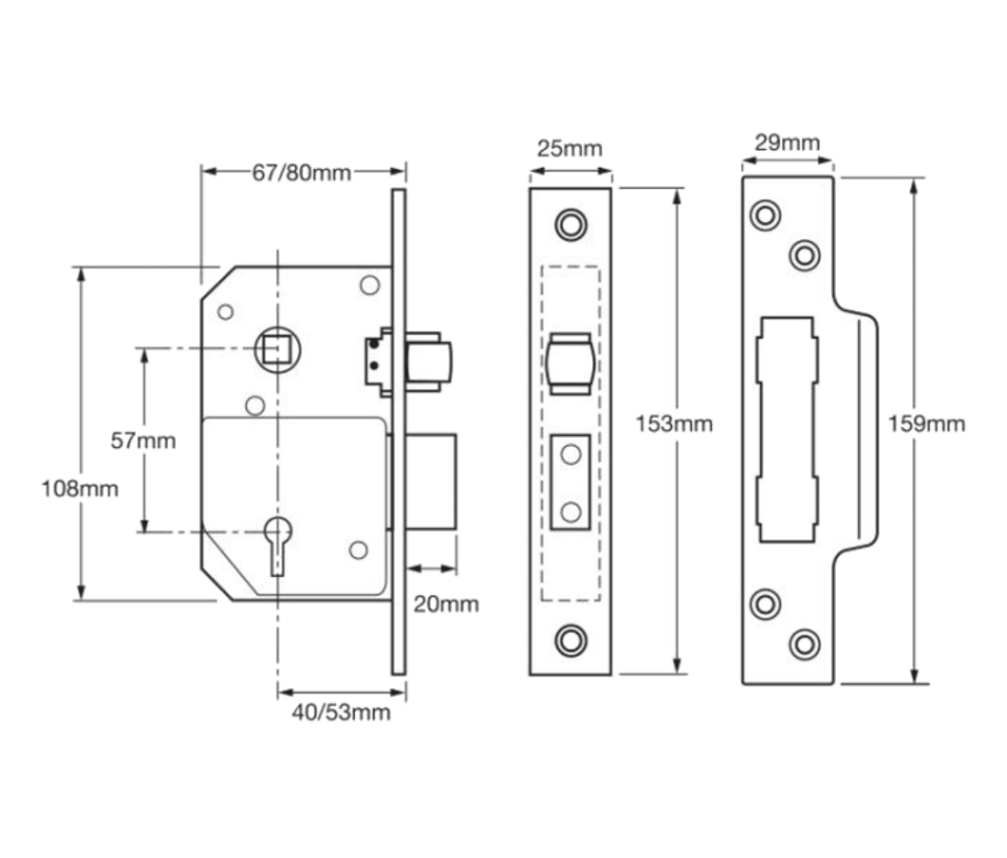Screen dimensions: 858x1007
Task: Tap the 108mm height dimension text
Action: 80,489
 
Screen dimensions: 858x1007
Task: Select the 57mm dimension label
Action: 143,441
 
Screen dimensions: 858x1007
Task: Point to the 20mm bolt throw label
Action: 446,604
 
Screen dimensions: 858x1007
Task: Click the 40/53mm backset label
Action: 341,712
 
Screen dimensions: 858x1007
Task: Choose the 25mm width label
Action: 570,147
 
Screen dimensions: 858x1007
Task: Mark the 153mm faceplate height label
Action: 674,424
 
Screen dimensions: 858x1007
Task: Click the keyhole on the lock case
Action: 277,543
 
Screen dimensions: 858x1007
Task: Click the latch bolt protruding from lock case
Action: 427,362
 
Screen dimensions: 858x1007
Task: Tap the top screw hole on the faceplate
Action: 570,224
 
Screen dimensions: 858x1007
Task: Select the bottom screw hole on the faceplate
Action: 570,639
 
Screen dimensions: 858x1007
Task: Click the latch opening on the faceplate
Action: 570,364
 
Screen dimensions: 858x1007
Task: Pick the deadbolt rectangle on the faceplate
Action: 570,483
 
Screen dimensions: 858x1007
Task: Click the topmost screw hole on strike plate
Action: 764,214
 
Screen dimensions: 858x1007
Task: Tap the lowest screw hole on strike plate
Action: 805,643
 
